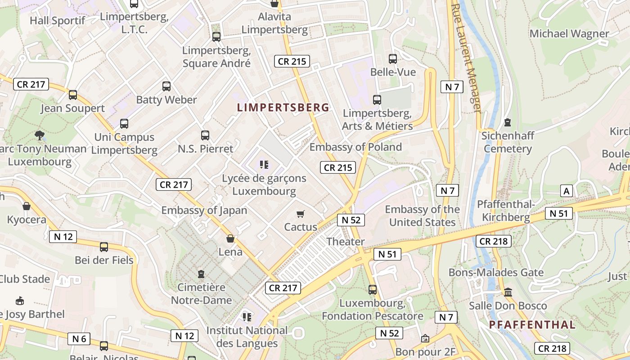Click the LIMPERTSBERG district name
coord(283,108)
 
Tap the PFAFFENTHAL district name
coord(532,324)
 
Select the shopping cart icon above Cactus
coord(300,214)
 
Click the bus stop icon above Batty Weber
coord(166,86)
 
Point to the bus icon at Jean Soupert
coord(73,95)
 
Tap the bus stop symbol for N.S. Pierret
coord(205,135)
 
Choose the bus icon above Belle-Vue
coord(392,58)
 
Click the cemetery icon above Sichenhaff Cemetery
coord(508,122)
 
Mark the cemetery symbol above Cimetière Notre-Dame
coord(201,274)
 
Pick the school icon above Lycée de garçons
coord(264,165)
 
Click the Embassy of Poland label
coord(355,147)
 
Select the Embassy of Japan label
coord(204,210)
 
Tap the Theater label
coord(346,242)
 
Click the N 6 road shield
coord(79,339)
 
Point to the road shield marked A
coord(567,191)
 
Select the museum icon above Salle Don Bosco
coord(508,292)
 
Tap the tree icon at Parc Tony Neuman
coord(40,135)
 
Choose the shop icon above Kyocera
coord(27,206)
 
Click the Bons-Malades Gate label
coord(496,273)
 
